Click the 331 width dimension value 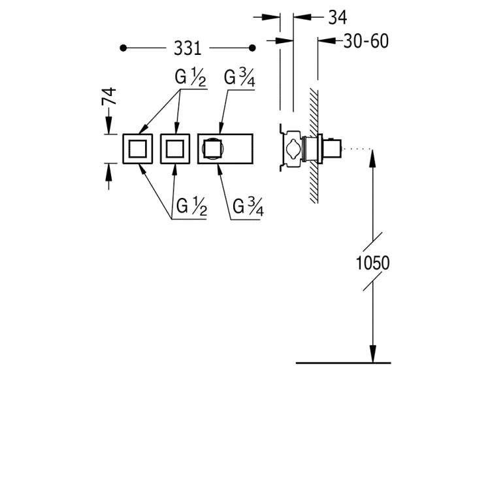click(188, 48)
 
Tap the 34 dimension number click(338, 17)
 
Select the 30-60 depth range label click(366, 41)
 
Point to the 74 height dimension click(109, 96)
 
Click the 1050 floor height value click(373, 263)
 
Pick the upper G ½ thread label click(190, 78)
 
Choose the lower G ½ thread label click(191, 206)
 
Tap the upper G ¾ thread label click(239, 78)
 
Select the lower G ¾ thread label click(248, 207)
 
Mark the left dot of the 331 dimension click(123, 48)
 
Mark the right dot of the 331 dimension click(252, 48)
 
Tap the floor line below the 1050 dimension click(343, 363)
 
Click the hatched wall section click(314, 146)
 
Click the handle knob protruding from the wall click(332, 148)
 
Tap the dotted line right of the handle click(357, 149)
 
